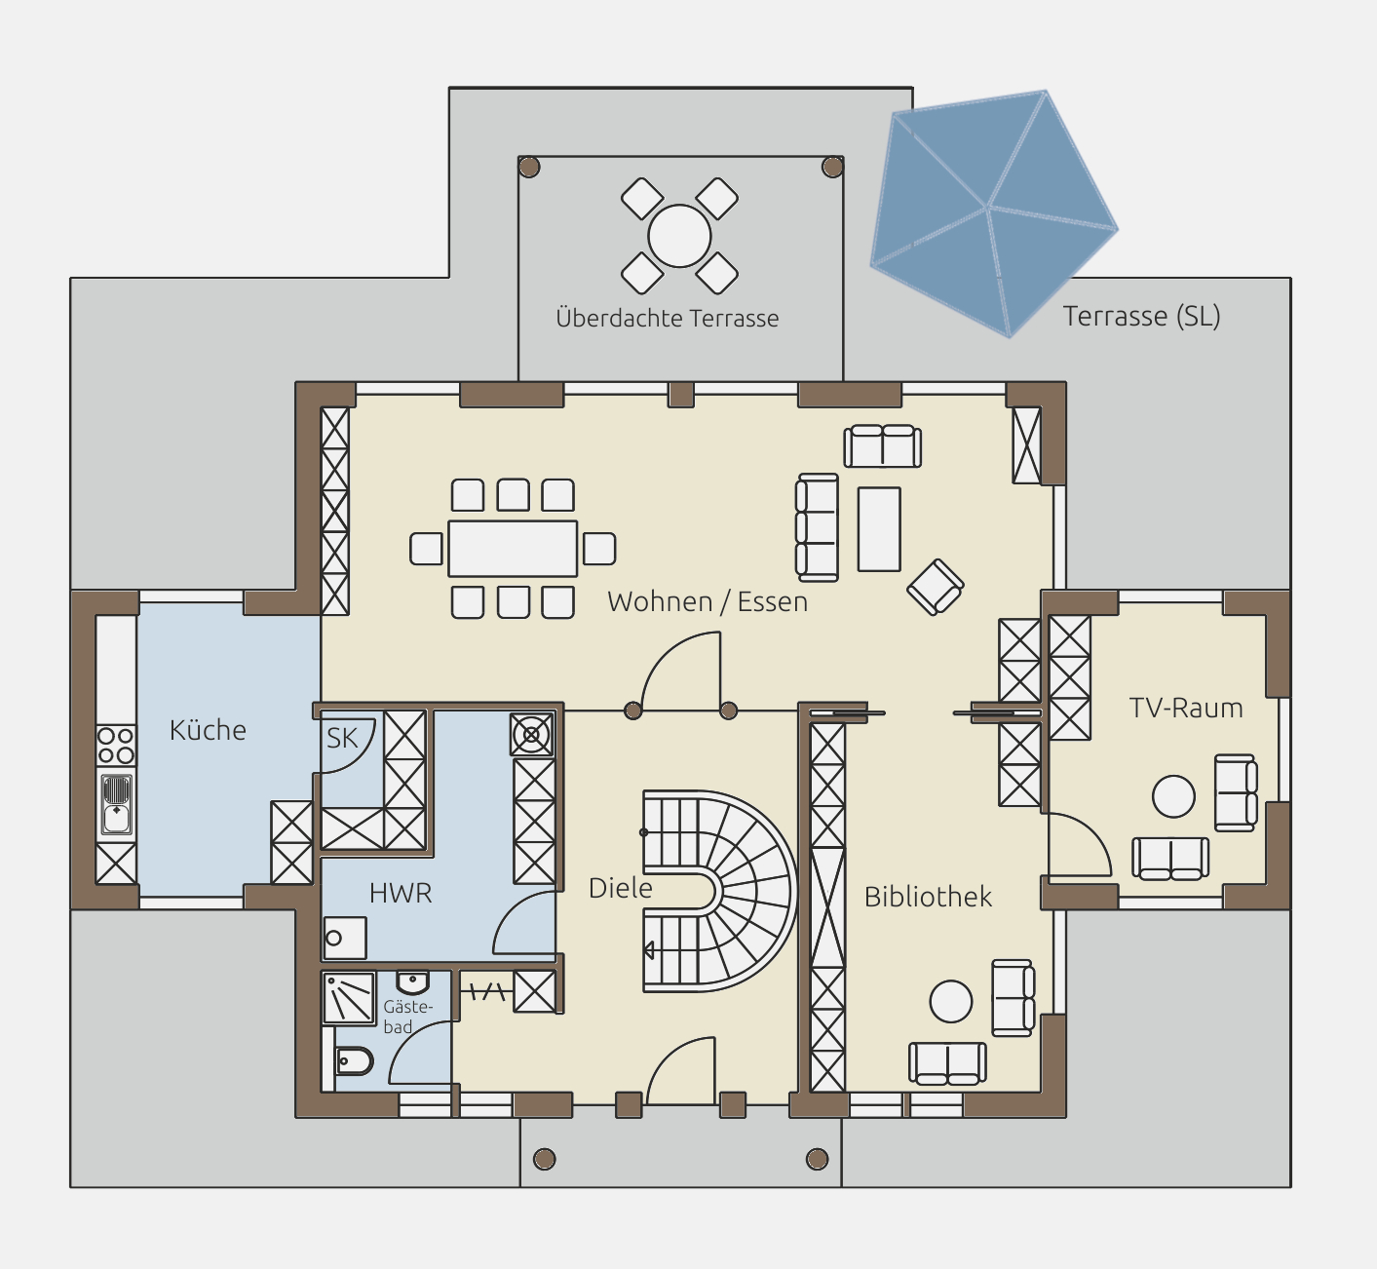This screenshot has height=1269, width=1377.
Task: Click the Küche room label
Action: [208, 730]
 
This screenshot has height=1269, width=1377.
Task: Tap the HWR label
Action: [401, 894]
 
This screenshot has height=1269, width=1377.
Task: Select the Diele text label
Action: [620, 888]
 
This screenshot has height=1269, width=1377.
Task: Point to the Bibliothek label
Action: [928, 897]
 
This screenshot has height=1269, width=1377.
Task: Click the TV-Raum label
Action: [1185, 708]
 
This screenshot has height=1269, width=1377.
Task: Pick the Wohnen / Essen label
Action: [708, 601]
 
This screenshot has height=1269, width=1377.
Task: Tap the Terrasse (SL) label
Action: [1141, 316]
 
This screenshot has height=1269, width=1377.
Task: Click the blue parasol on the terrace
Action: [993, 212]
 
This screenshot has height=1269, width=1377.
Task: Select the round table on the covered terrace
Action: [679, 236]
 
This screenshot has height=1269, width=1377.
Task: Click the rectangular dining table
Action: [513, 549]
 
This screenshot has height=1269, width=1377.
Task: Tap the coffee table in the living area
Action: [879, 528]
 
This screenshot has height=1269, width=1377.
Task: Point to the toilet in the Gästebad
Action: [354, 1061]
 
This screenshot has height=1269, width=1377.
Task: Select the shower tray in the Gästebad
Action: [349, 998]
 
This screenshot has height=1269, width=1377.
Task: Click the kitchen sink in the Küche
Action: [117, 805]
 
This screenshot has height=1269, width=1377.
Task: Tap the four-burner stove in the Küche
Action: [115, 746]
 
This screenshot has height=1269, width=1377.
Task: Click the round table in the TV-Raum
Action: [1173, 796]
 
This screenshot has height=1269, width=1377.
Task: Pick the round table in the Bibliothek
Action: [951, 1001]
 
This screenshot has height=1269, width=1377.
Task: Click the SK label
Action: [342, 738]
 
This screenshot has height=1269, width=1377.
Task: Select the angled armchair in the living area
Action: [935, 587]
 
